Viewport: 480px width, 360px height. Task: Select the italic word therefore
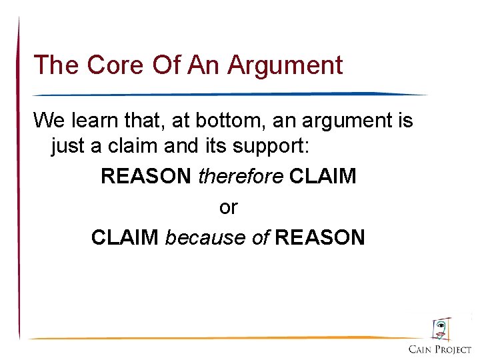[x=241, y=176]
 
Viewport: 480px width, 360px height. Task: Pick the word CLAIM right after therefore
[x=323, y=176]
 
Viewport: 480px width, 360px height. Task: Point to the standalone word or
[x=228, y=207]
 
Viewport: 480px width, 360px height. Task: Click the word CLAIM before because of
[x=125, y=237]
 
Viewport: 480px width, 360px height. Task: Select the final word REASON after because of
[x=319, y=237]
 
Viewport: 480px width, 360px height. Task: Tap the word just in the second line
[x=67, y=146]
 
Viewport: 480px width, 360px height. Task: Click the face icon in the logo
[x=441, y=329]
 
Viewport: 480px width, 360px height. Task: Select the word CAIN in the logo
[x=420, y=349]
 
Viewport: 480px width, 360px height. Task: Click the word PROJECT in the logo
[x=454, y=349]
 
